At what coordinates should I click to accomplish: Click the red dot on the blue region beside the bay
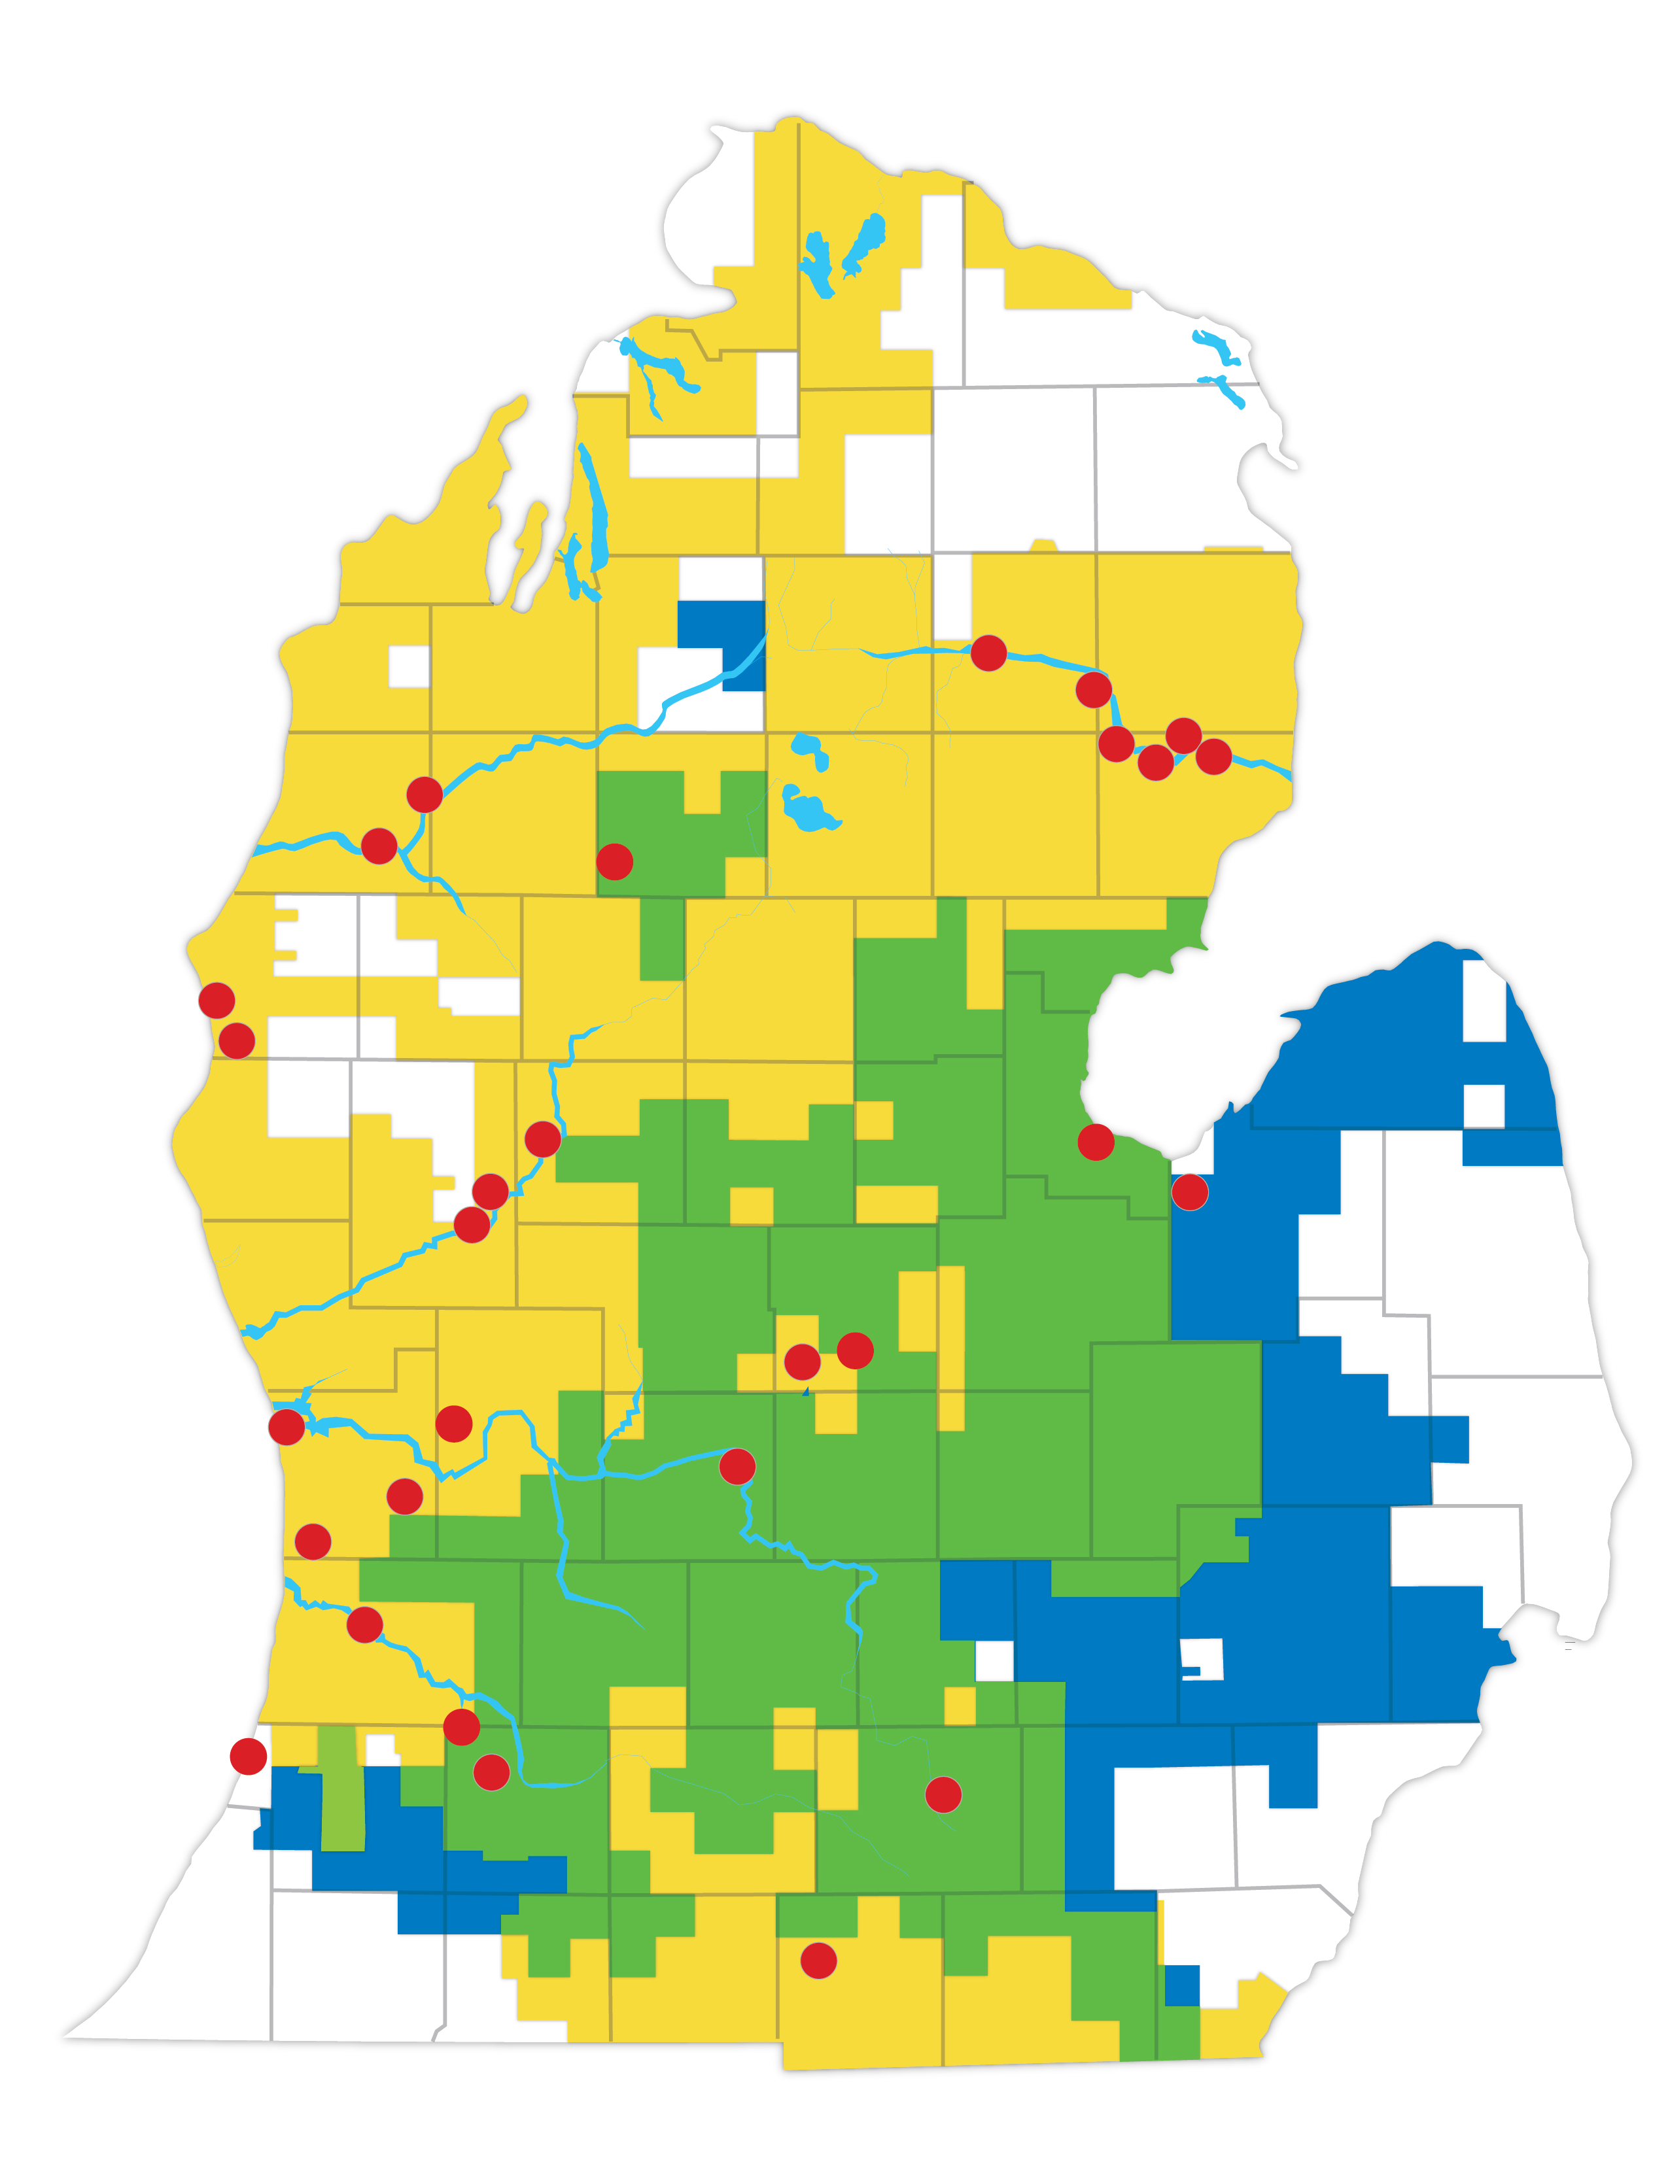1190,1193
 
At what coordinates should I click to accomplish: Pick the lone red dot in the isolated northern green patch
615,862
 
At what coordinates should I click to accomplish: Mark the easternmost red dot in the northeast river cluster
1213,756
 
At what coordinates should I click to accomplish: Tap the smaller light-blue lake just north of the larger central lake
809,748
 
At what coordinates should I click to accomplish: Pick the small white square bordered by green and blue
994,1660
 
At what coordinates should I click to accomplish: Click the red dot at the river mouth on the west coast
287,1427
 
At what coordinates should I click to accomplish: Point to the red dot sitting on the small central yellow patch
803,1362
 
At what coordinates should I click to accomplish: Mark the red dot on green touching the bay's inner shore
1096,1142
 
